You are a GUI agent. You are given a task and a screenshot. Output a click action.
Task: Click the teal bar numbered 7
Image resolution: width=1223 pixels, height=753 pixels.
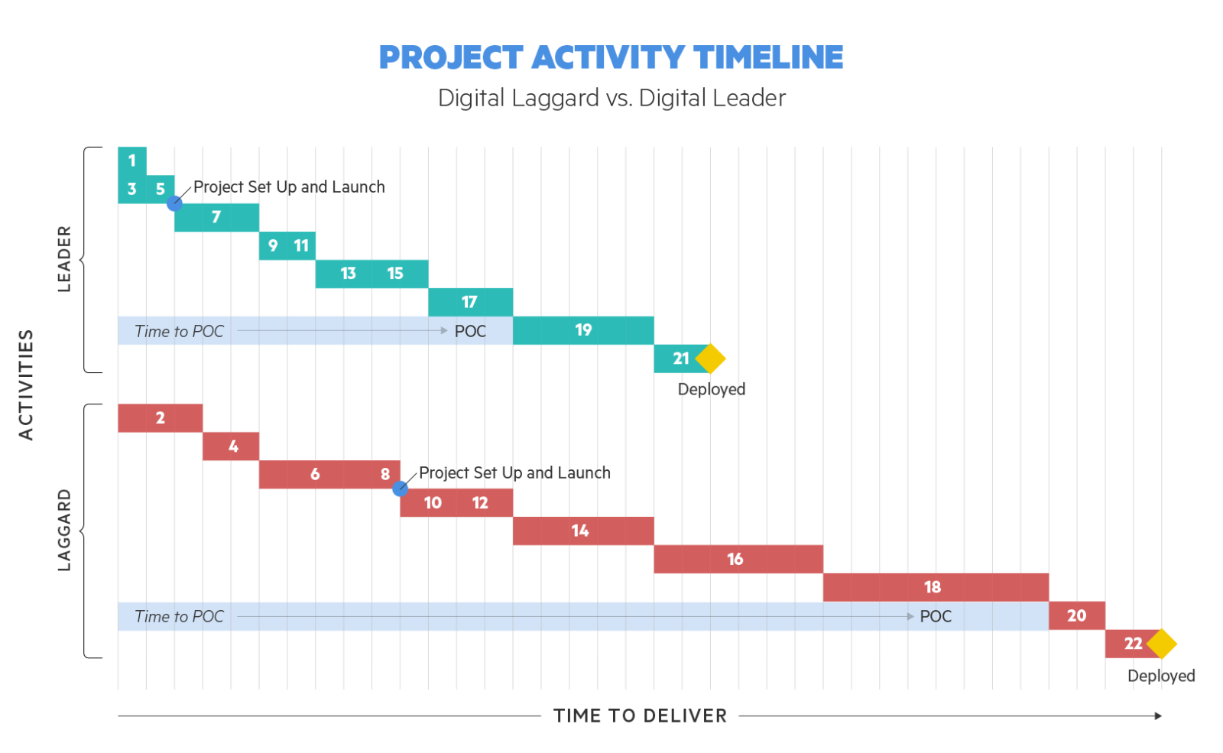coord(217,217)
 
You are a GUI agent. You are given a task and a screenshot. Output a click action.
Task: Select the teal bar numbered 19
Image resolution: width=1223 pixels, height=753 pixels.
coord(583,330)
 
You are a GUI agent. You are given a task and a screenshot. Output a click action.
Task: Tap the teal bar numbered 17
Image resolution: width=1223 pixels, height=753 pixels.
coord(470,302)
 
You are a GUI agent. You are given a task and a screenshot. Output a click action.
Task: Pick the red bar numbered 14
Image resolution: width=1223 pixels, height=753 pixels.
coord(583,531)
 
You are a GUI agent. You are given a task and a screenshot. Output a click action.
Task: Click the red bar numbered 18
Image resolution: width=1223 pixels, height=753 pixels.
coord(936,588)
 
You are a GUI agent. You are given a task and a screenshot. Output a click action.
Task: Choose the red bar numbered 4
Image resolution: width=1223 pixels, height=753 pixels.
coord(231,446)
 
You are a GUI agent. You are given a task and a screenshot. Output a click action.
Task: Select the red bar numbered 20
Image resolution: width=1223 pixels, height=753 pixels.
coord(1077,616)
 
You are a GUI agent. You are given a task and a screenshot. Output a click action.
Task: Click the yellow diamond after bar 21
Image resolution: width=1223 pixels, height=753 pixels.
coord(710,359)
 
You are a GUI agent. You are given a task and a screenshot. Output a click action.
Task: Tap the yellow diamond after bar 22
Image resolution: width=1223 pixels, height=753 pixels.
coord(1161,644)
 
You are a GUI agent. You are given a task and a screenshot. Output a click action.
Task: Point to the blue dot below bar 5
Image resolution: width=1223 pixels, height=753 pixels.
coord(174,203)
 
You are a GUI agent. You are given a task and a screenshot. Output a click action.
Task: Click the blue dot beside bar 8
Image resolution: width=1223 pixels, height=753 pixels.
coord(401,488)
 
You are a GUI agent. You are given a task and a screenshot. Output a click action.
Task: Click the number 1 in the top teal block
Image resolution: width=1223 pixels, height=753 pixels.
coord(132,161)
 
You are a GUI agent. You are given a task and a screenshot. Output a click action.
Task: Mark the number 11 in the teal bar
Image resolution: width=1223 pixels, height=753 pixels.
coord(301,245)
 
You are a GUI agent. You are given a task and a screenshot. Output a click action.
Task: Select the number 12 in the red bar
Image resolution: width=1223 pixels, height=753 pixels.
coord(480,503)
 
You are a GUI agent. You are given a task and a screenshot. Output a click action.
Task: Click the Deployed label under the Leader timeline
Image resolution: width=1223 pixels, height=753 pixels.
coord(712,389)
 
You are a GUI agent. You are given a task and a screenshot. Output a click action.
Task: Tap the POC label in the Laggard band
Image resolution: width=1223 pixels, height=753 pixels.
coord(936,616)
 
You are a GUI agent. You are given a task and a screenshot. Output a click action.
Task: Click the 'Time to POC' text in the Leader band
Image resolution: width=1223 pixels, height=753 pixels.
coord(179,332)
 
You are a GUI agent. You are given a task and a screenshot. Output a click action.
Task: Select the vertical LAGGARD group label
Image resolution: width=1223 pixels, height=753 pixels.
coord(64,531)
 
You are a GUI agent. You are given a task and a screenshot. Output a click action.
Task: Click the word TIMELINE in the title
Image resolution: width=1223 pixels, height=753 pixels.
coord(768,57)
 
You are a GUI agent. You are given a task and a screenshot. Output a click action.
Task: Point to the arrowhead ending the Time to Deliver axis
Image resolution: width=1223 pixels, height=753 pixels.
coord(1159,716)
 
